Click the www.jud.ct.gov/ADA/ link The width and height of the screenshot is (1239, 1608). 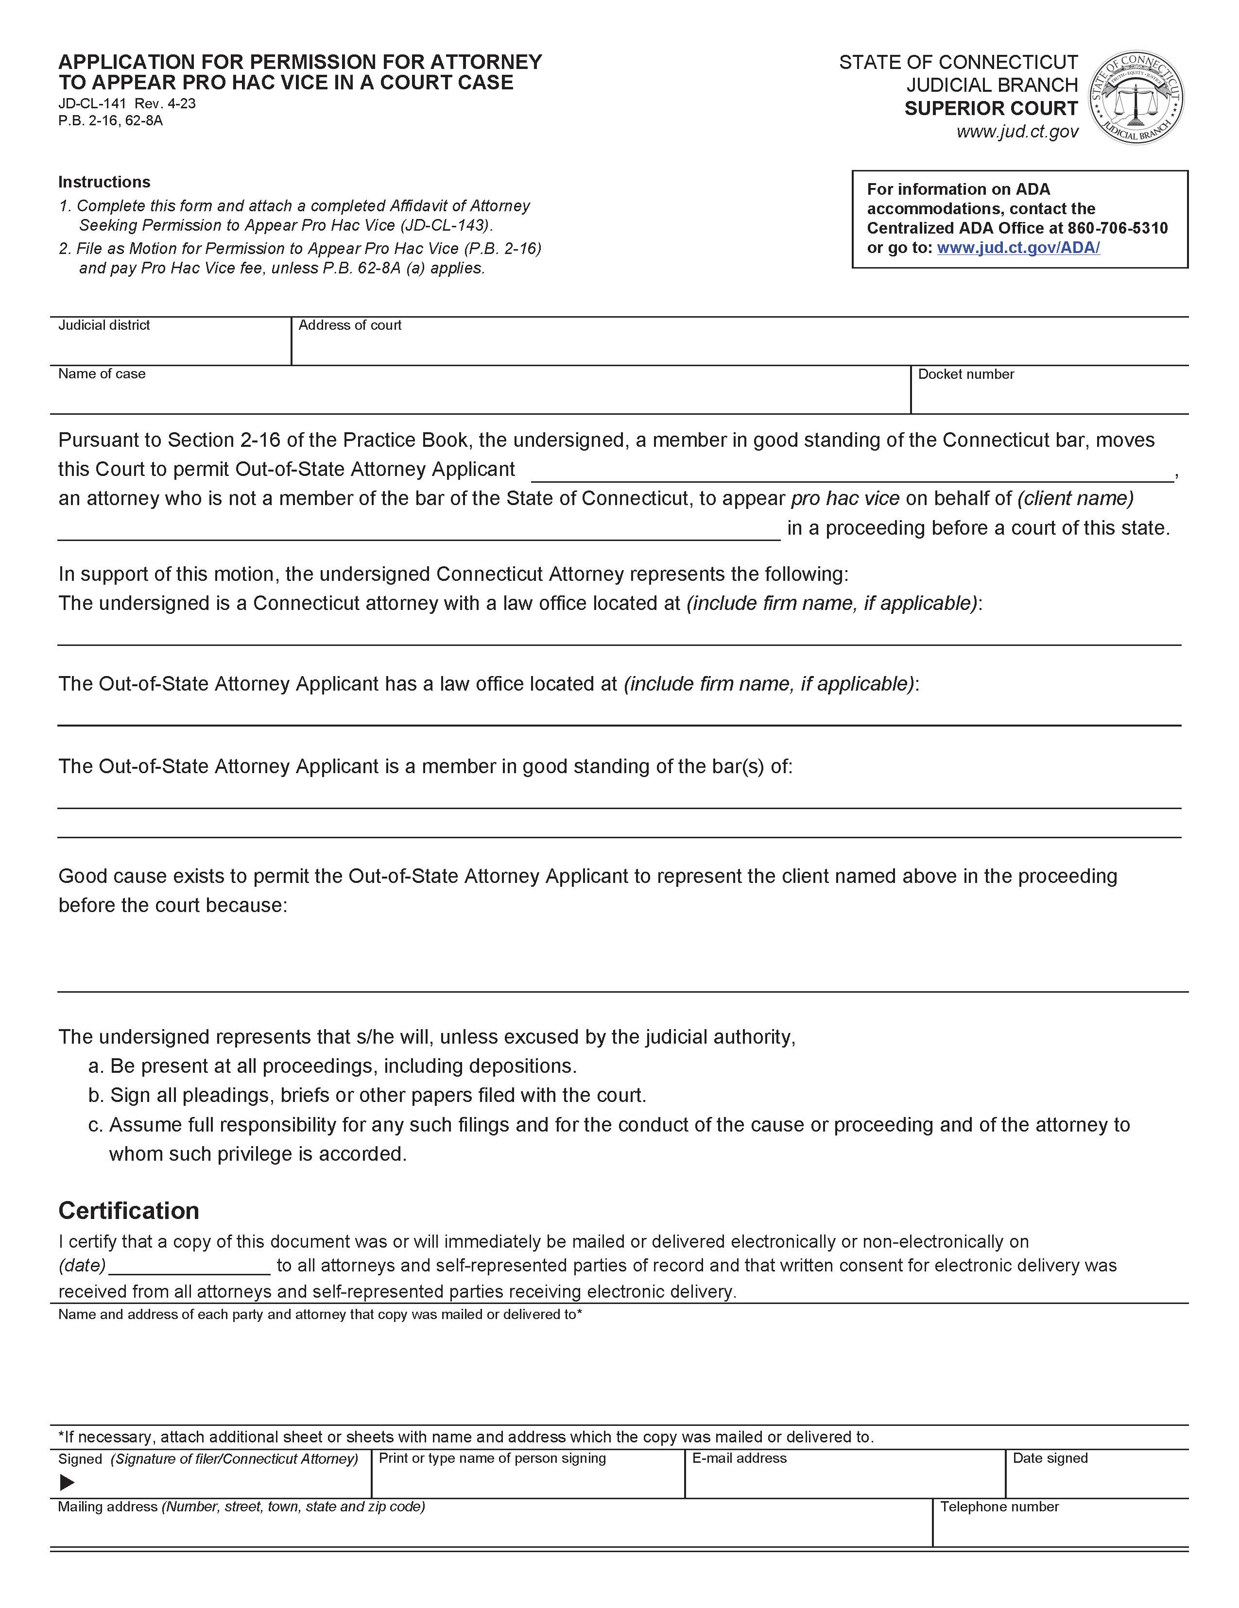(x=1018, y=248)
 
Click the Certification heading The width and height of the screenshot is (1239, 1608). (x=128, y=1210)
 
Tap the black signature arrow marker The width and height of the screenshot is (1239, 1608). (x=67, y=1483)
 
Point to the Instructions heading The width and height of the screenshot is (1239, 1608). (x=104, y=182)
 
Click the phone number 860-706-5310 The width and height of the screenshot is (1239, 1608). (x=1118, y=228)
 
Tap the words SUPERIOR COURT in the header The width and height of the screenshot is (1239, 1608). (x=991, y=109)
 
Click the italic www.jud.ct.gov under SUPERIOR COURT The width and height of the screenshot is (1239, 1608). (x=1017, y=132)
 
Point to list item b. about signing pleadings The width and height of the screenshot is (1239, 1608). (x=367, y=1096)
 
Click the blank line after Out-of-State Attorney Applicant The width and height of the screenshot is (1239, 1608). (x=852, y=471)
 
